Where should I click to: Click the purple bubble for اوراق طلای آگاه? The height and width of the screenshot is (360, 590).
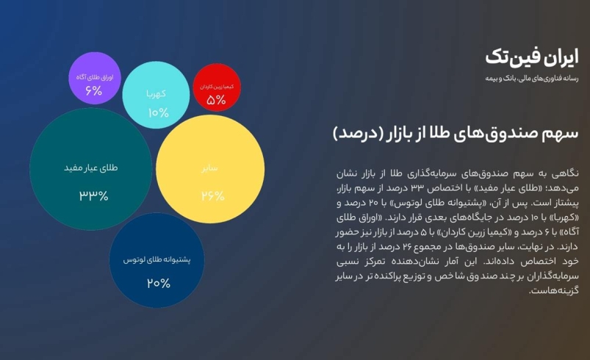[x=95, y=78]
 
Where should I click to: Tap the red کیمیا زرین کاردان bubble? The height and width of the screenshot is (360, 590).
[x=217, y=87]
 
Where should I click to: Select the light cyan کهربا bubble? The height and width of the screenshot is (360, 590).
[x=156, y=95]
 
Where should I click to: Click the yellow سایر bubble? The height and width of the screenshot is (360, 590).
[x=210, y=169]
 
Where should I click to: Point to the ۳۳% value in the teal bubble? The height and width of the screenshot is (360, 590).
[x=94, y=195]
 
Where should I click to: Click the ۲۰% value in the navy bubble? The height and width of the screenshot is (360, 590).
[x=159, y=283]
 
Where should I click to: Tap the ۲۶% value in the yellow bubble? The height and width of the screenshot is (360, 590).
[x=212, y=195]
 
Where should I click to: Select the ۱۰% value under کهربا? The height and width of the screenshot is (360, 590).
[x=159, y=112]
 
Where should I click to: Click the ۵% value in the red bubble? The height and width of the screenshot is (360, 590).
[x=216, y=100]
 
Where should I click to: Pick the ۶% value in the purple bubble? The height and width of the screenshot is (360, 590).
[x=94, y=90]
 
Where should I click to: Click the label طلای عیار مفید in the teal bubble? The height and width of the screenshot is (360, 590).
[x=90, y=168]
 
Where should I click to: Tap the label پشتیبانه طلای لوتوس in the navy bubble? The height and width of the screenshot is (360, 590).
[x=157, y=259]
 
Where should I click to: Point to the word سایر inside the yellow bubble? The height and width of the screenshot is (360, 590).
[x=209, y=168]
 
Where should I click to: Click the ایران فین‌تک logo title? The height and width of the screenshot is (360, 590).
[x=532, y=57]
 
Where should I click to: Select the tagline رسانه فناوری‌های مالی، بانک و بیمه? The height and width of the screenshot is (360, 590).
[x=532, y=79]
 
